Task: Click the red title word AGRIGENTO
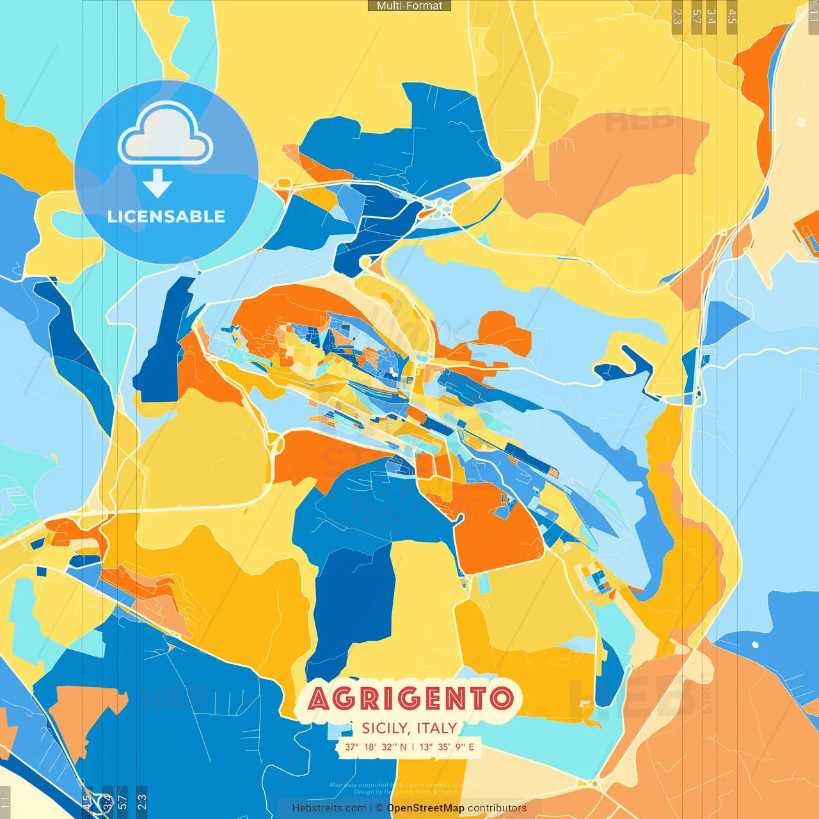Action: coord(411,699)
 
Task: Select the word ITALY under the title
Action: coord(437,728)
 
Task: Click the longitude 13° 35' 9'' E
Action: coord(447,747)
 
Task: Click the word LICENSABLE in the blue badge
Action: coord(166,216)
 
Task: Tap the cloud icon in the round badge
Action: coord(165,134)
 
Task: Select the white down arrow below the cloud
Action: coord(157,184)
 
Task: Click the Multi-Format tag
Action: coord(409,6)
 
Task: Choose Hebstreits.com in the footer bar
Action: coord(329,808)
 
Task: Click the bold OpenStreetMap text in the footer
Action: coord(425,808)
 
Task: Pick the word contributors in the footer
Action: coord(497,808)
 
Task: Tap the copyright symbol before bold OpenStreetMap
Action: coord(379,808)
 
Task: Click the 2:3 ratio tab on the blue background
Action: coord(142,800)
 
